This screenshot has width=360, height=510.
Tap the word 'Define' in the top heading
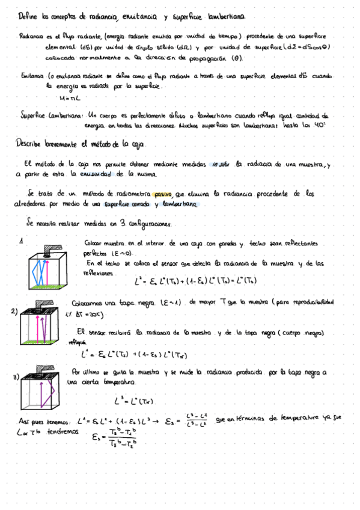28,17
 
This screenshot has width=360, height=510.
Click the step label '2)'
14,312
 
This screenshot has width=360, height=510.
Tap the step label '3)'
16,377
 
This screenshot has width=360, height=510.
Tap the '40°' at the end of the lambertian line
322,126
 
